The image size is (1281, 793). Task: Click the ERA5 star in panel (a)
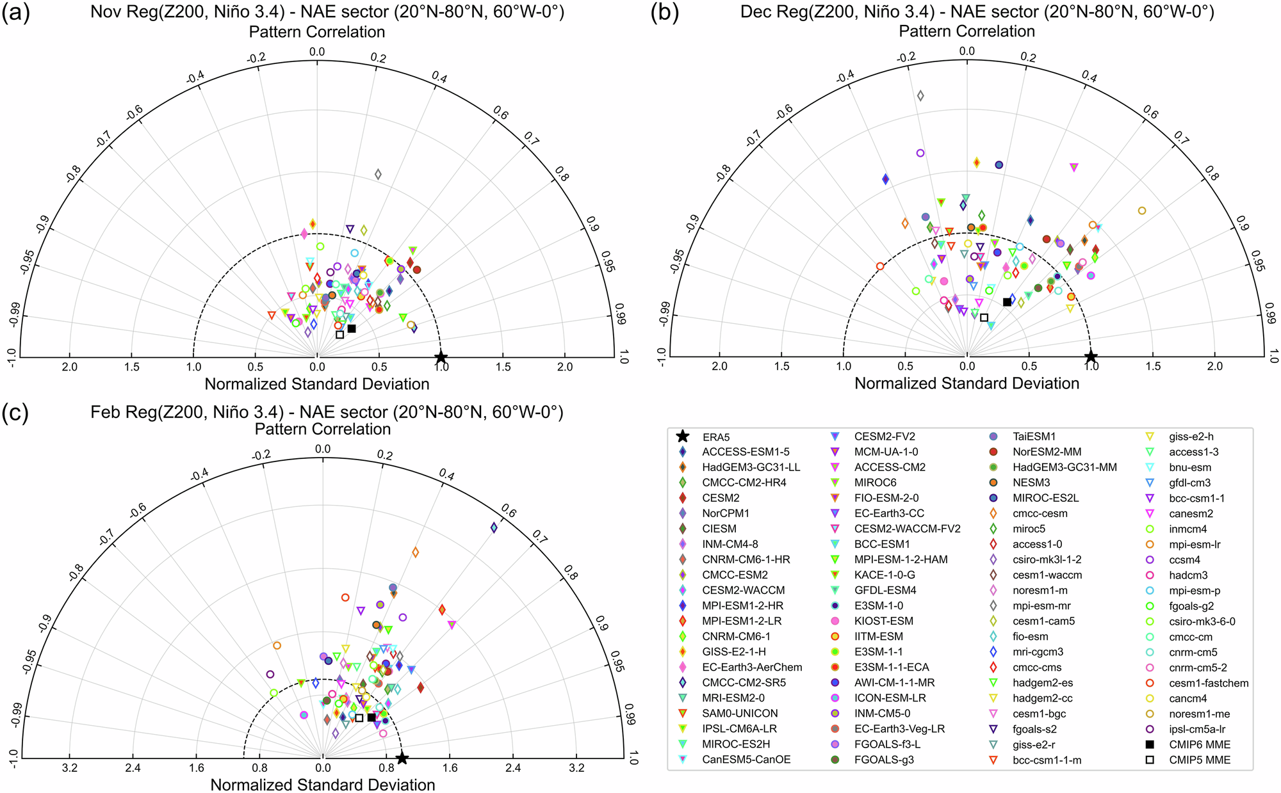pyautogui.click(x=441, y=357)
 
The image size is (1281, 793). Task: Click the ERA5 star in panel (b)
pyautogui.click(x=1091, y=356)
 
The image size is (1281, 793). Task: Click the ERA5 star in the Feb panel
pyautogui.click(x=402, y=758)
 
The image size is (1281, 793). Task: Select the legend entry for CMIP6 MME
pyautogui.click(x=1200, y=744)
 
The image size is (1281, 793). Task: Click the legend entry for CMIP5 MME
pyautogui.click(x=1200, y=760)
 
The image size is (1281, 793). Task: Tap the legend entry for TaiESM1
pyautogui.click(x=1034, y=437)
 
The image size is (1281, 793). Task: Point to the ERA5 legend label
pyautogui.click(x=716, y=437)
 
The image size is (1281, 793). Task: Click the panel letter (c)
pyautogui.click(x=16, y=414)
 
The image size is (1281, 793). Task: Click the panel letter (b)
pyautogui.click(x=664, y=13)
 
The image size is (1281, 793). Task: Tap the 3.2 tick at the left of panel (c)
pyautogui.click(x=70, y=767)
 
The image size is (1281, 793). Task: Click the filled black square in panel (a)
pyautogui.click(x=352, y=328)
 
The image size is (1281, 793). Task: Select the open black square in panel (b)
pyautogui.click(x=984, y=317)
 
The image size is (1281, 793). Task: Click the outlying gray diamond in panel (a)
pyautogui.click(x=378, y=174)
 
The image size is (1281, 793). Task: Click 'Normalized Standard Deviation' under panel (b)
pyautogui.click(x=967, y=383)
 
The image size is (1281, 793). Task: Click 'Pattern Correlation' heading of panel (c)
pyautogui.click(x=323, y=429)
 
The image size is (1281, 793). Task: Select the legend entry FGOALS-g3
pyautogui.click(x=884, y=760)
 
